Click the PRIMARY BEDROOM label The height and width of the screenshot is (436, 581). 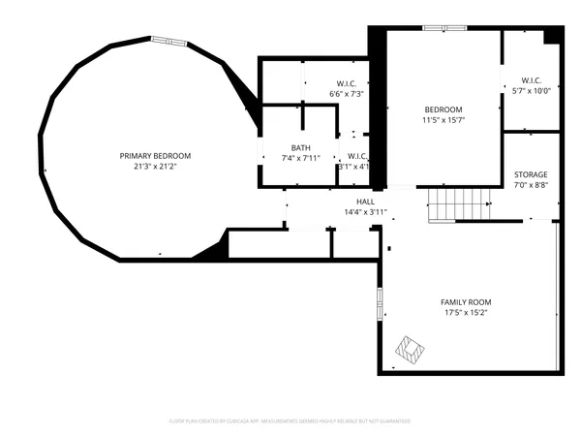pyautogui.click(x=155, y=156)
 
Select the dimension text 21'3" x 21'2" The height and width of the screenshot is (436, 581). pyautogui.click(x=155, y=166)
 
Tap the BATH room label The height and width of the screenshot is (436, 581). pyautogui.click(x=287, y=147)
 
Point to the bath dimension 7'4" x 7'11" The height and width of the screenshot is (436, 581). pyautogui.click(x=287, y=157)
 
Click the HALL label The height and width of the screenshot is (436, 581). pyautogui.click(x=365, y=202)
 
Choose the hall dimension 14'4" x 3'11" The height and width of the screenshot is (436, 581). pyautogui.click(x=365, y=211)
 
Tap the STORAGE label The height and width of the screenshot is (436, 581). pyautogui.click(x=531, y=174)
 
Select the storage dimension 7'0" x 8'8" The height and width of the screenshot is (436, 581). pyautogui.click(x=531, y=184)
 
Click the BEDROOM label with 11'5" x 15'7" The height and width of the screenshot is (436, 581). pyautogui.click(x=443, y=109)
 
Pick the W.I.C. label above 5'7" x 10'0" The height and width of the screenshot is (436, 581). pyautogui.click(x=531, y=80)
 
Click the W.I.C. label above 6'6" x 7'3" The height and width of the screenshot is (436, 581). pyautogui.click(x=347, y=83)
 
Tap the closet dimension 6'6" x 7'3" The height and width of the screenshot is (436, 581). pyautogui.click(x=347, y=93)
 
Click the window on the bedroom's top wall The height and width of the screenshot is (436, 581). pyautogui.click(x=436, y=28)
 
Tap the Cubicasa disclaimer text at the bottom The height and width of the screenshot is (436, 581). pyautogui.click(x=290, y=421)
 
